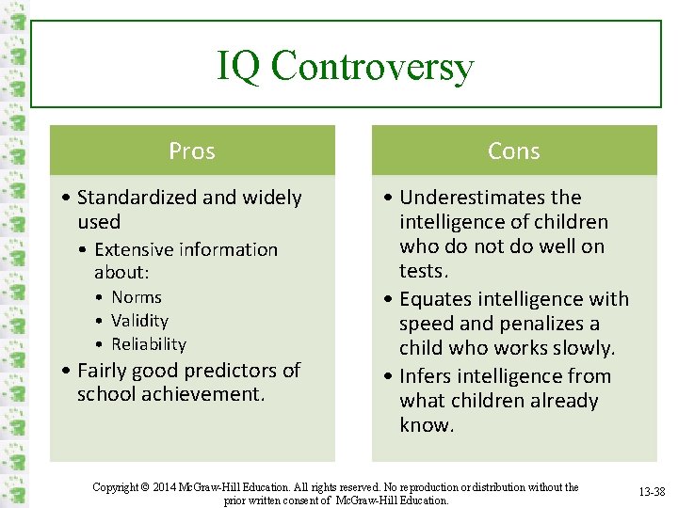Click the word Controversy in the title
[x=370, y=67]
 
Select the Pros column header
[x=192, y=151]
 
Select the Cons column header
[x=514, y=151]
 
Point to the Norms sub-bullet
[x=137, y=297]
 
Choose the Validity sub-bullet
[x=139, y=321]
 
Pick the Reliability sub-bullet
[x=149, y=344]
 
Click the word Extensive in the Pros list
[x=133, y=250]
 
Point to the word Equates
[x=432, y=299]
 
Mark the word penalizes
[x=543, y=324]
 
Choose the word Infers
[x=426, y=376]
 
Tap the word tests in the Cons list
[x=422, y=271]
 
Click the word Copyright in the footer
[x=116, y=487]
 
